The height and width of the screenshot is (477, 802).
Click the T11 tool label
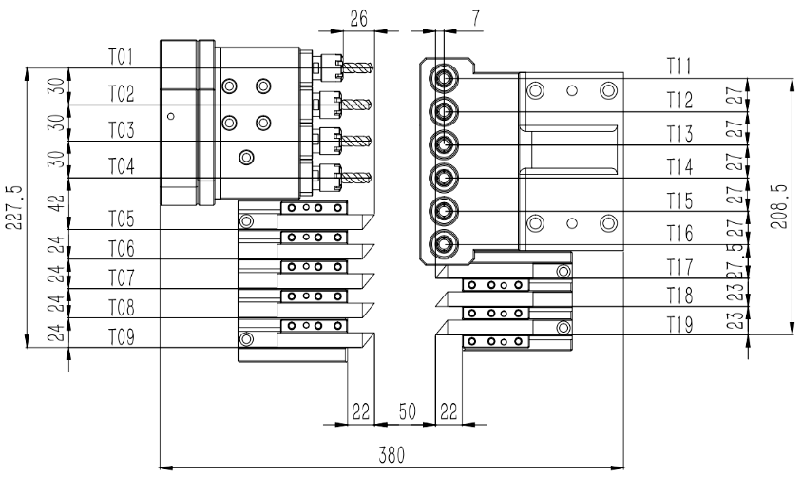(678, 66)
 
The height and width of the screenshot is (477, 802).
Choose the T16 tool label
(678, 233)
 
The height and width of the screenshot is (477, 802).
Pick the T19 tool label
(678, 325)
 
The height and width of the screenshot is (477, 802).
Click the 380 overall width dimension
(391, 454)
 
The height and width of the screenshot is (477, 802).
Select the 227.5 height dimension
(12, 206)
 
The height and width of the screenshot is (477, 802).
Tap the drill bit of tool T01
(358, 67)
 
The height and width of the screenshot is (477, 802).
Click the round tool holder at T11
(444, 77)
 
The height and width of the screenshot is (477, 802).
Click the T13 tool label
(678, 133)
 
